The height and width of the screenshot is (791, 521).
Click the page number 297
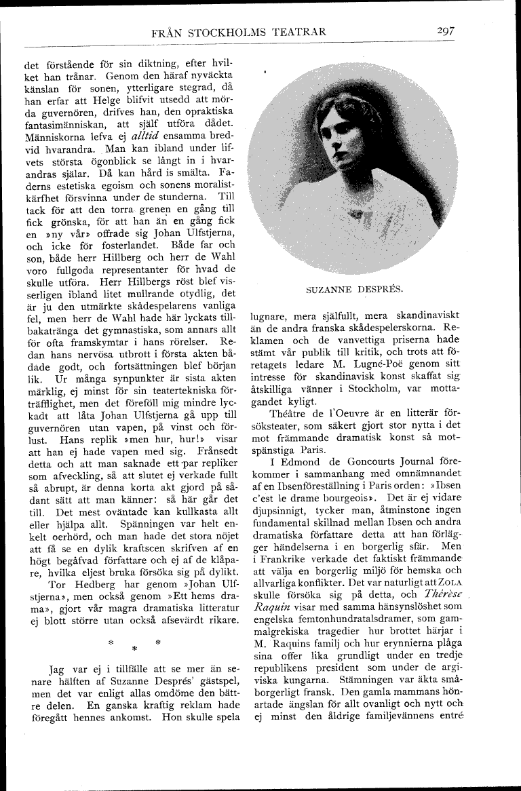coord(446,31)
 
